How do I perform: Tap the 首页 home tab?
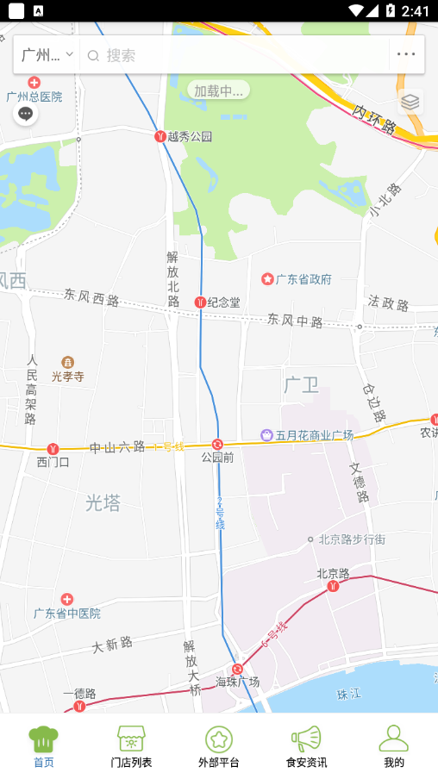coord(43,746)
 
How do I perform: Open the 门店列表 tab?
coord(131,746)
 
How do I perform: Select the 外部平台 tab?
coord(219,746)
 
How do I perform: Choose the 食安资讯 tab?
coord(306,746)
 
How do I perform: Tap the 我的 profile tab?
coord(393,746)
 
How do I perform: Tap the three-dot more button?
coord(406,54)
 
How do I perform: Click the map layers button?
coord(410,102)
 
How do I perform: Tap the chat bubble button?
coord(26,113)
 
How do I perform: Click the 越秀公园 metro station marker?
coord(160,136)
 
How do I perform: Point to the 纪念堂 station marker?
coord(200,302)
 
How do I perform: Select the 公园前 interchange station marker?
coord(217,445)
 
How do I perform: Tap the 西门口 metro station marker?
coord(53,449)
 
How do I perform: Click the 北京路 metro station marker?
coord(333,587)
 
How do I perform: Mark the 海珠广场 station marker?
coord(237,669)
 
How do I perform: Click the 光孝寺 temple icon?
coord(67,363)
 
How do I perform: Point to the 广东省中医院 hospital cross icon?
coord(67,599)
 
